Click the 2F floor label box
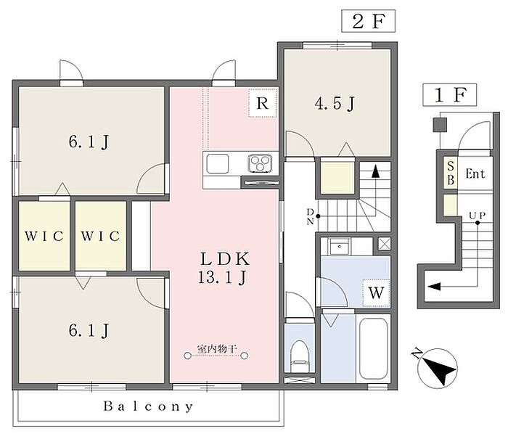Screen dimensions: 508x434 point(368,21)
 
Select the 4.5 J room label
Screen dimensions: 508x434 point(334,105)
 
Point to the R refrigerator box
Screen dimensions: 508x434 point(263,103)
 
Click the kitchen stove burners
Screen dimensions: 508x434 point(261,163)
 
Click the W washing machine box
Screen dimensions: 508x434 point(375,293)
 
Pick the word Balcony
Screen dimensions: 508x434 point(148,406)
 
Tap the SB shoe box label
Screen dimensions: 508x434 point(450,173)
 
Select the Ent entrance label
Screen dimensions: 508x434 point(475,173)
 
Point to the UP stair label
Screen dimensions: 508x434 point(477,216)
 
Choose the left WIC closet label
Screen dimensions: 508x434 point(43,236)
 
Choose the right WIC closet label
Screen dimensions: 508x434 point(100,236)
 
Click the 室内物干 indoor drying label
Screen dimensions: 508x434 point(218,350)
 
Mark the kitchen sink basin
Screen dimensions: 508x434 point(217,163)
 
